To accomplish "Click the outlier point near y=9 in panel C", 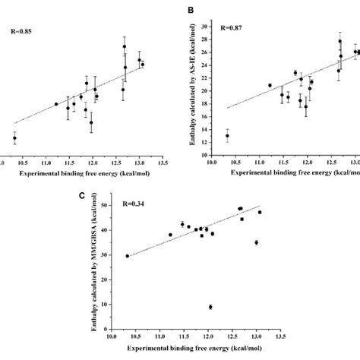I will coord(210,307).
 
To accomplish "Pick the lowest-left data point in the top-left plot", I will coord(14,138).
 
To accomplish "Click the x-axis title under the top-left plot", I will coord(76,173).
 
